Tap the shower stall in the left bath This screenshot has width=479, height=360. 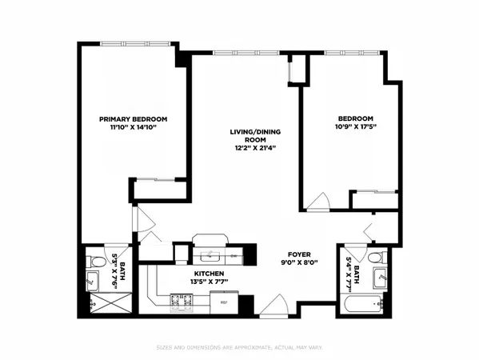click(100, 302)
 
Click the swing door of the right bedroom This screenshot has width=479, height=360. click(321, 200)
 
